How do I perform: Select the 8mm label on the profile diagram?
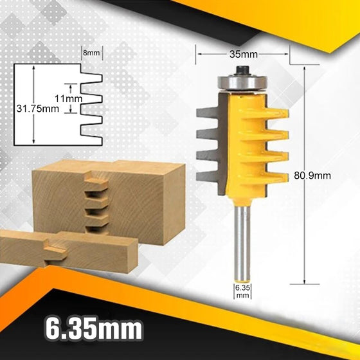91,52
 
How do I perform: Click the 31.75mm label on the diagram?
37,109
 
